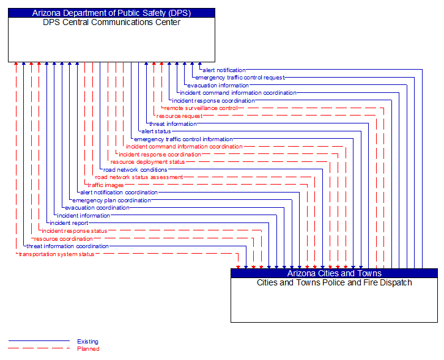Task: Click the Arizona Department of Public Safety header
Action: [x=111, y=12]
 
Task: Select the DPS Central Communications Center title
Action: [x=111, y=23]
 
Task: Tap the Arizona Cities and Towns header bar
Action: [x=334, y=273]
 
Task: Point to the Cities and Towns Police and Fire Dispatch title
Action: [x=334, y=282]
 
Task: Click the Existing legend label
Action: [x=87, y=342]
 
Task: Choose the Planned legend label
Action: [x=88, y=349]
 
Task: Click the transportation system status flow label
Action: [x=56, y=254]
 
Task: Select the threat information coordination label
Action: [x=67, y=246]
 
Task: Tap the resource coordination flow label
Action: [x=64, y=239]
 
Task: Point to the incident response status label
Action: [x=74, y=231]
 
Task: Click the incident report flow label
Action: [x=68, y=223]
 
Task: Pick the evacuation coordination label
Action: [x=97, y=208]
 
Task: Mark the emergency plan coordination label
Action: [x=111, y=200]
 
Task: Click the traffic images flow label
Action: [x=105, y=185]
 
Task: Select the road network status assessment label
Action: [x=139, y=177]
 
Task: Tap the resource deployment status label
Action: [x=147, y=162]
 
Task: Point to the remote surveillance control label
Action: [x=201, y=108]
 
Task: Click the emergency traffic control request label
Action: [x=240, y=78]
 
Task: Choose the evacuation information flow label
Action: [x=218, y=86]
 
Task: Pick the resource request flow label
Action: [x=179, y=116]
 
